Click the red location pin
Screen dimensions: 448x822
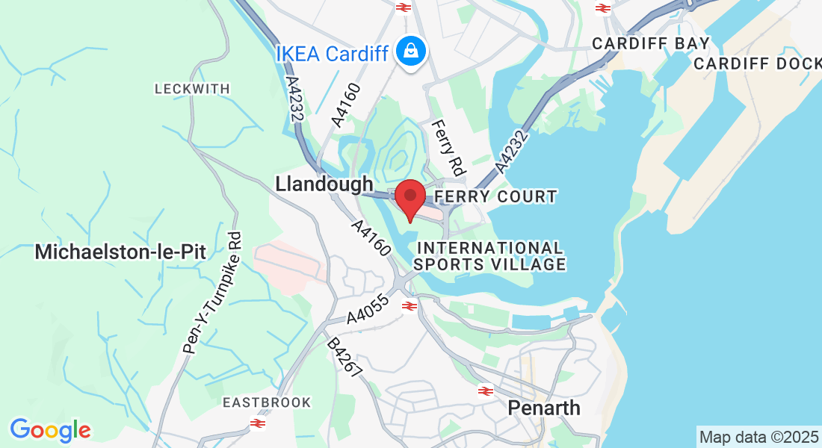410,197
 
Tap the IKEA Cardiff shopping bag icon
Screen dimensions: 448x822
410,52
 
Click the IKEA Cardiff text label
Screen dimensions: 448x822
332,54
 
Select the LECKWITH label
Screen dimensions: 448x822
192,89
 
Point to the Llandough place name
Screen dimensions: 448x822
324,184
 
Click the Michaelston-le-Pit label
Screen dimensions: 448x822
120,252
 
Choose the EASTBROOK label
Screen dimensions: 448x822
267,402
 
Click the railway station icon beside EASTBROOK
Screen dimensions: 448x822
259,423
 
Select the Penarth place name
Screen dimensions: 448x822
544,408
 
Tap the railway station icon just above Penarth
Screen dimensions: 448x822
485,391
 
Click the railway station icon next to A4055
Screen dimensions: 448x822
409,305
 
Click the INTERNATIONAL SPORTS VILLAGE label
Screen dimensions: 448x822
489,255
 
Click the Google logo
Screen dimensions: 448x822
50,429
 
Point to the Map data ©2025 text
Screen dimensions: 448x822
758,436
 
